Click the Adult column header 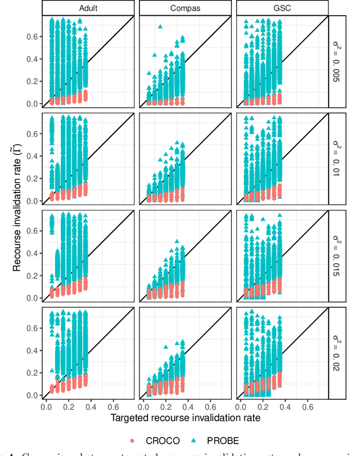click(x=88, y=8)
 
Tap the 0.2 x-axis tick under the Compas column click(x=164, y=405)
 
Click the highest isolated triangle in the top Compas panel click(x=160, y=26)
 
